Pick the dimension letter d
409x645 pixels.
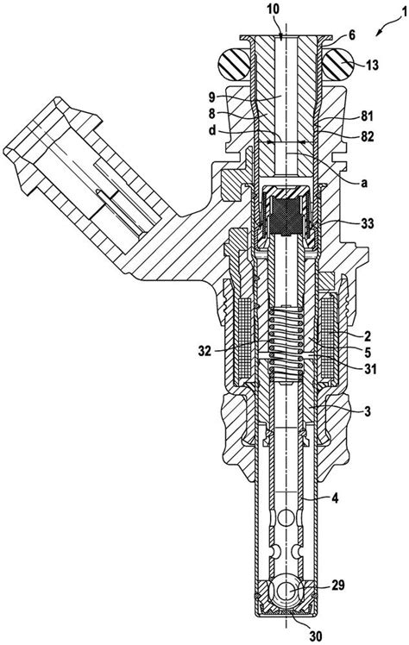click(227, 130)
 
